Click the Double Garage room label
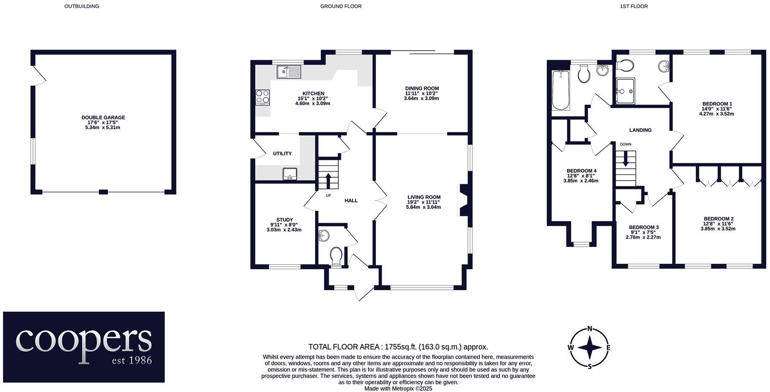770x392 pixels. (x=103, y=118)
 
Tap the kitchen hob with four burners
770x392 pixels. (x=262, y=97)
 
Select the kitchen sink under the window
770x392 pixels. (x=289, y=72)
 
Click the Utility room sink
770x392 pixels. (x=290, y=173)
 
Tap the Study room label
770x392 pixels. (x=284, y=220)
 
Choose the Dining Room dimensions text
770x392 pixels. (x=421, y=96)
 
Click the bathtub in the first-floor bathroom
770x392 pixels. (x=560, y=90)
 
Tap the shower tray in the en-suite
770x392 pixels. (x=625, y=91)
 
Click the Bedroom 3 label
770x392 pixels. (x=643, y=227)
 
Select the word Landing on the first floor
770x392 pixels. (x=640, y=130)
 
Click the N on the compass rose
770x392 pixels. (x=590, y=329)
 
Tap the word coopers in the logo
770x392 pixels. (x=84, y=340)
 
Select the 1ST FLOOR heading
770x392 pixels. (x=634, y=6)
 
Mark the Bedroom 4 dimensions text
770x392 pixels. (x=581, y=178)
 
